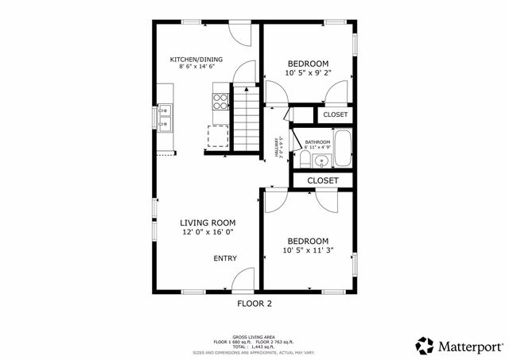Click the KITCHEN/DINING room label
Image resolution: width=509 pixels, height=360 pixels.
196,60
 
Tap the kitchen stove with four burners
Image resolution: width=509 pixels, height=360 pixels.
220,101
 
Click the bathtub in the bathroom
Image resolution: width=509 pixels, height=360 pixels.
344,149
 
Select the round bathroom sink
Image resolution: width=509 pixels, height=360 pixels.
322,161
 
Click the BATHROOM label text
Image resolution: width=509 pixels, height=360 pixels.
317,141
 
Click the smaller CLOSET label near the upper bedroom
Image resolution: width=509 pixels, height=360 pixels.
335,115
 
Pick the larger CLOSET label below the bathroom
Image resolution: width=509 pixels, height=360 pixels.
322,180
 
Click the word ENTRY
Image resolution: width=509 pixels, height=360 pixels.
224,258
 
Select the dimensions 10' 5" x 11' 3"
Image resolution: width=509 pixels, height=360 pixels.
308,250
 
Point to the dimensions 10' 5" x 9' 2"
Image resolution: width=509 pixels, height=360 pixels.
308,73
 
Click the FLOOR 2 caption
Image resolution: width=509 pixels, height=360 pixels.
254,304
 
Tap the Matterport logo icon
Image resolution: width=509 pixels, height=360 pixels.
425,346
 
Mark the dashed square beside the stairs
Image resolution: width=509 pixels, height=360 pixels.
218,137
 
